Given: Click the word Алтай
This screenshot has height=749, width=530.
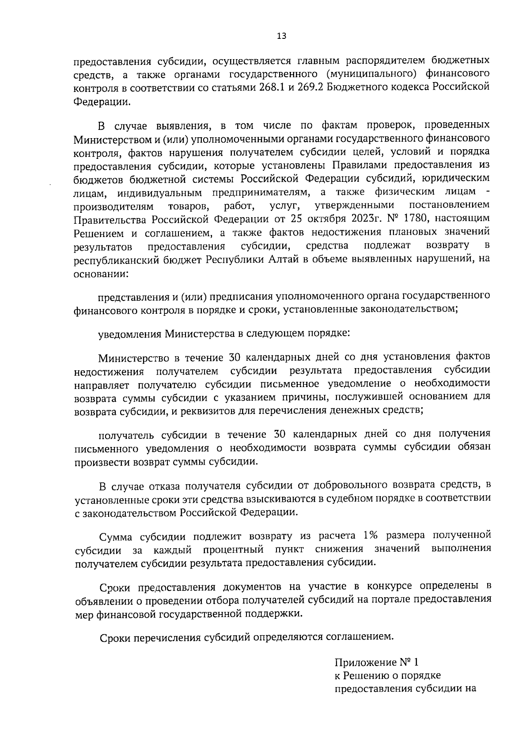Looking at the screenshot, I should pyautogui.click(x=285, y=259).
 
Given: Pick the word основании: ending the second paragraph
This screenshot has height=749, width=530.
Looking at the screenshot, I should pyautogui.click(x=102, y=274).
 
